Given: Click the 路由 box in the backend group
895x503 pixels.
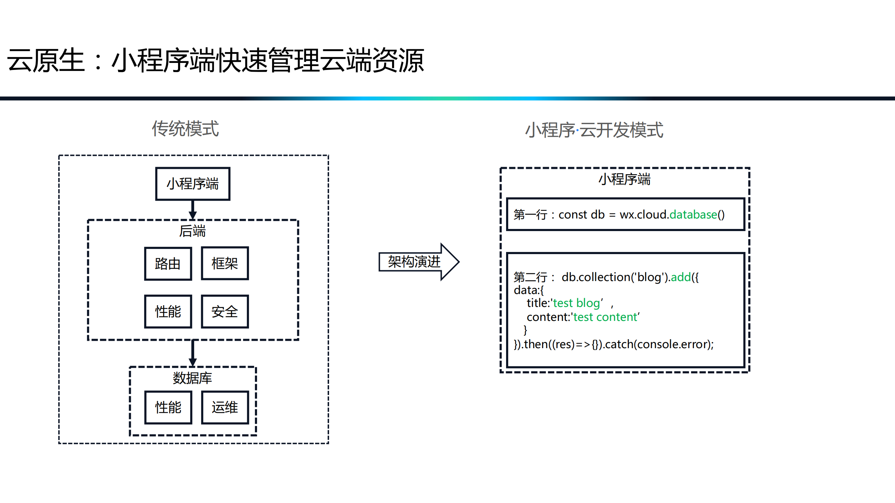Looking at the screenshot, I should tap(168, 264).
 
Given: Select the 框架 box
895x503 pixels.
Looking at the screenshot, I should tap(225, 264).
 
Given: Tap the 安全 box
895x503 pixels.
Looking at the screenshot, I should tap(225, 311).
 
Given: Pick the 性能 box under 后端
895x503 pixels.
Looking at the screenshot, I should tap(168, 311).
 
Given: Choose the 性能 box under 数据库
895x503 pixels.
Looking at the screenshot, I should tap(168, 407).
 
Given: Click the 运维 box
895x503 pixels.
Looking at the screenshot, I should tap(225, 407).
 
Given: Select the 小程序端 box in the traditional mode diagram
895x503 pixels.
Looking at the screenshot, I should tap(193, 184).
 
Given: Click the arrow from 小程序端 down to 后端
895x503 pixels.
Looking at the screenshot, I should tap(193, 210).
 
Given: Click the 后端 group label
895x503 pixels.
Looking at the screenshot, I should tap(192, 231).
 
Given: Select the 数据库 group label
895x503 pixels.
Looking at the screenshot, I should tap(192, 378).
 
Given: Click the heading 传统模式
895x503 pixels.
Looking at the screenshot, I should tap(185, 129).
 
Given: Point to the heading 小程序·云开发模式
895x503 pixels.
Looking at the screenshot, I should tap(594, 130).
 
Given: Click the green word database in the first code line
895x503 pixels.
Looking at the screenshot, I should tap(693, 214).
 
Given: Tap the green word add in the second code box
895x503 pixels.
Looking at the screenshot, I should tap(681, 277).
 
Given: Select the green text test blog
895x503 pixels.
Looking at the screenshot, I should tap(576, 303).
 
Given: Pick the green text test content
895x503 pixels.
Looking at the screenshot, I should tap(605, 317).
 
